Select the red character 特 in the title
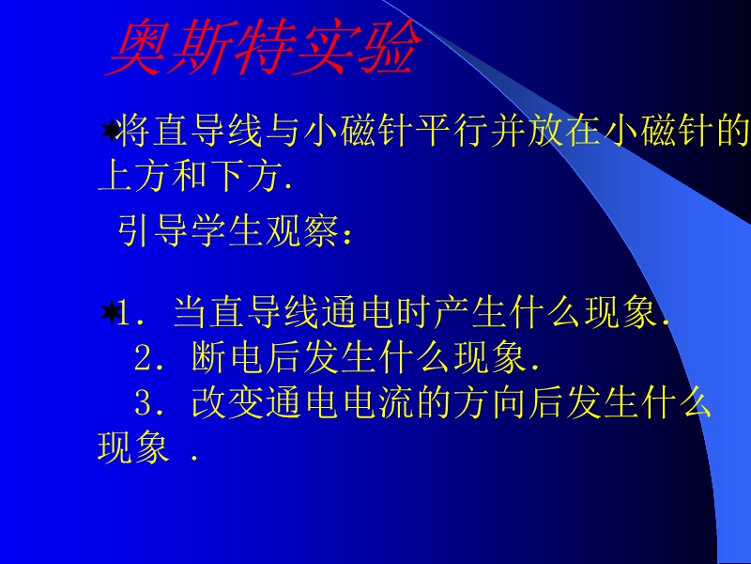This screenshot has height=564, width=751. (264, 47)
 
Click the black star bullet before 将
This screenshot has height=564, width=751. (110, 130)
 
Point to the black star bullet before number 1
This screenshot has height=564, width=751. (110, 312)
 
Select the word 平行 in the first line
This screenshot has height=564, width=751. (452, 130)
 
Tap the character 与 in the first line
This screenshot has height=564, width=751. (284, 130)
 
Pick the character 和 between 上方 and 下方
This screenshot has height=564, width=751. (191, 176)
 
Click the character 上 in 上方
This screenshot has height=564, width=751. (115, 176)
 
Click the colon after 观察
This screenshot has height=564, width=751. (347, 236)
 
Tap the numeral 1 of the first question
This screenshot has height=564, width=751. (124, 313)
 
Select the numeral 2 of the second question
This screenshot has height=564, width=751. (143, 358)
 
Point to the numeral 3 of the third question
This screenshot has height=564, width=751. (143, 402)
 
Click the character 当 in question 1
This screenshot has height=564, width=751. (191, 312)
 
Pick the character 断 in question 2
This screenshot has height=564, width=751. (208, 357)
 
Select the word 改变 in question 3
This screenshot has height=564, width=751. (227, 402)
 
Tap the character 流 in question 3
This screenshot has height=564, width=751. (396, 402)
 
